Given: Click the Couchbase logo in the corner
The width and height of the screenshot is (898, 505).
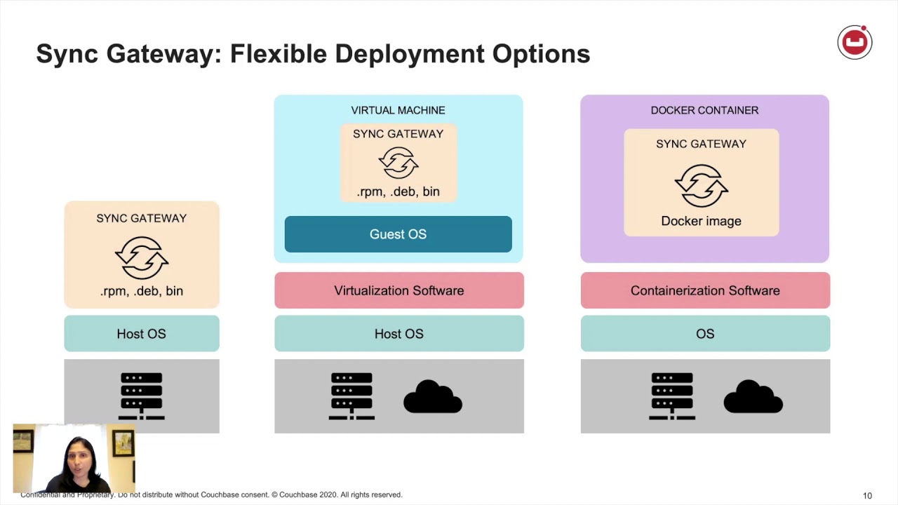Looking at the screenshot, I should [855, 43].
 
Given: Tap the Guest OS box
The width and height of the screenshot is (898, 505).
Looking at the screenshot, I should [398, 234].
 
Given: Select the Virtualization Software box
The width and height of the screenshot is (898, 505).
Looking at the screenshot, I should [398, 290].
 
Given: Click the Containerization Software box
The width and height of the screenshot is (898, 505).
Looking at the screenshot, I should [705, 290].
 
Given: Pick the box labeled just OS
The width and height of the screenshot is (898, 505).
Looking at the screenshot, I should [705, 334].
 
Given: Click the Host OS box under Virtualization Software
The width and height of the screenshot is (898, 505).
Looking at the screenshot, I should [398, 334].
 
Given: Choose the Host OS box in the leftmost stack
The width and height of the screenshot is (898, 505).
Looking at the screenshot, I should [141, 334].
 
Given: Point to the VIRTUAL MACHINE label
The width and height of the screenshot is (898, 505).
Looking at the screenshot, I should [398, 110].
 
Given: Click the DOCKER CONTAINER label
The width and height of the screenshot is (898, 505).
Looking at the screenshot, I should [704, 110].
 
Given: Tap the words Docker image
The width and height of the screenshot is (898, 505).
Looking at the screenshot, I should [701, 221].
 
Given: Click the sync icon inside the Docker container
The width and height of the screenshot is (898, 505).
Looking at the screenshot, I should [701, 185].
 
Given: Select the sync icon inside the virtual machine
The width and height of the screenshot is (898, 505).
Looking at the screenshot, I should [398, 163].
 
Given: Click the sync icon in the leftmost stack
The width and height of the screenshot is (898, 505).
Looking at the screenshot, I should [141, 257].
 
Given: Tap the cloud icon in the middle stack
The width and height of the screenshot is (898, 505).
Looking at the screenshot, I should [432, 397].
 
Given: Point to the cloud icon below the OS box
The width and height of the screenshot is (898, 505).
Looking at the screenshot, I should [753, 397].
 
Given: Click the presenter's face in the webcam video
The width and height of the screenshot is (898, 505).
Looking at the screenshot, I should [76, 457].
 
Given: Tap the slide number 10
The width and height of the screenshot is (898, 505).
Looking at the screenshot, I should [867, 496].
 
